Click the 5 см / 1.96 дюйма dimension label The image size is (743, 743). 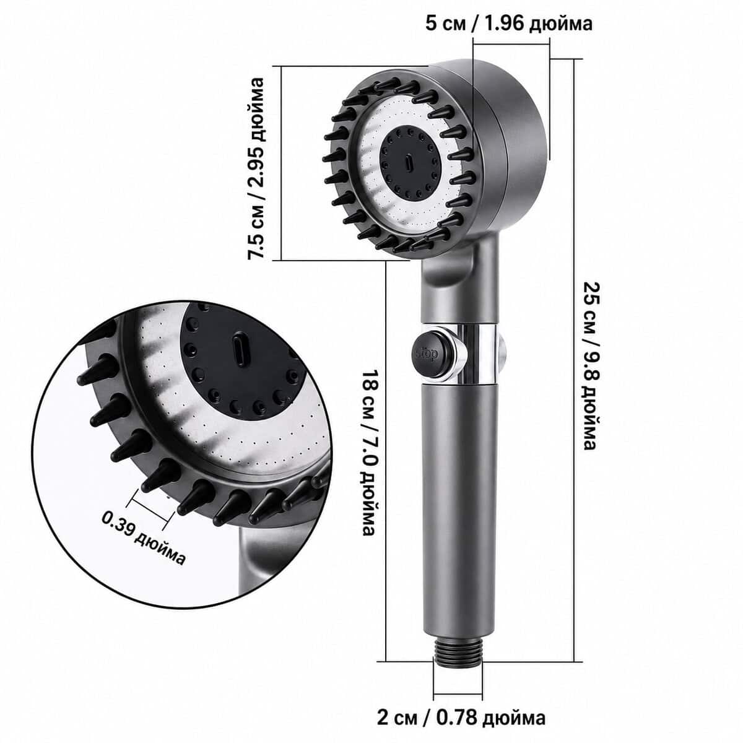[x=509, y=24]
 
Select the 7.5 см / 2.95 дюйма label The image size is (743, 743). [x=256, y=168]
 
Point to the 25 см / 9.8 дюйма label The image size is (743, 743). [x=590, y=365]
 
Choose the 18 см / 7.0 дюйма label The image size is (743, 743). [x=368, y=453]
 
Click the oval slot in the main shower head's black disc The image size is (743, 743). [x=409, y=163]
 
